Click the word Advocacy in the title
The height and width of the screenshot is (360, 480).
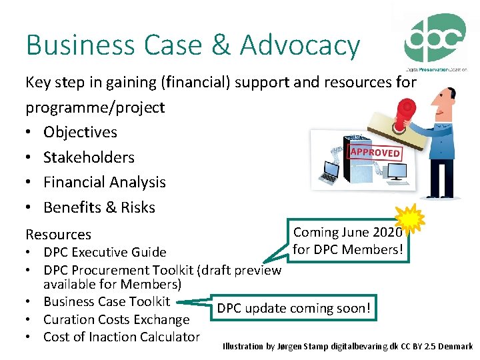click(x=299, y=45)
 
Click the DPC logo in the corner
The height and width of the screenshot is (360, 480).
click(x=436, y=40)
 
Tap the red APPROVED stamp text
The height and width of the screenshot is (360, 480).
click(x=375, y=152)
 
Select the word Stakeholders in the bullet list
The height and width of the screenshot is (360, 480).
click(x=89, y=157)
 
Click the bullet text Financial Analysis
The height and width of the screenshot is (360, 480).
click(x=104, y=182)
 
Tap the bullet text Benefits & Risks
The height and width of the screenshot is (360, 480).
click(x=99, y=207)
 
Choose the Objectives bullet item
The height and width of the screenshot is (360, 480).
click(x=80, y=132)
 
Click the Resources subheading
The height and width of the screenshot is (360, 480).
click(x=58, y=234)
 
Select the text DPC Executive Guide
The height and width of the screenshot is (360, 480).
click(x=105, y=252)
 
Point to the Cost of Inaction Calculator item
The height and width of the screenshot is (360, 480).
click(x=121, y=337)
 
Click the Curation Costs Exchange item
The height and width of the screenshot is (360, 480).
click(x=116, y=319)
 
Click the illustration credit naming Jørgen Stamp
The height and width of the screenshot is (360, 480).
click(x=347, y=347)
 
